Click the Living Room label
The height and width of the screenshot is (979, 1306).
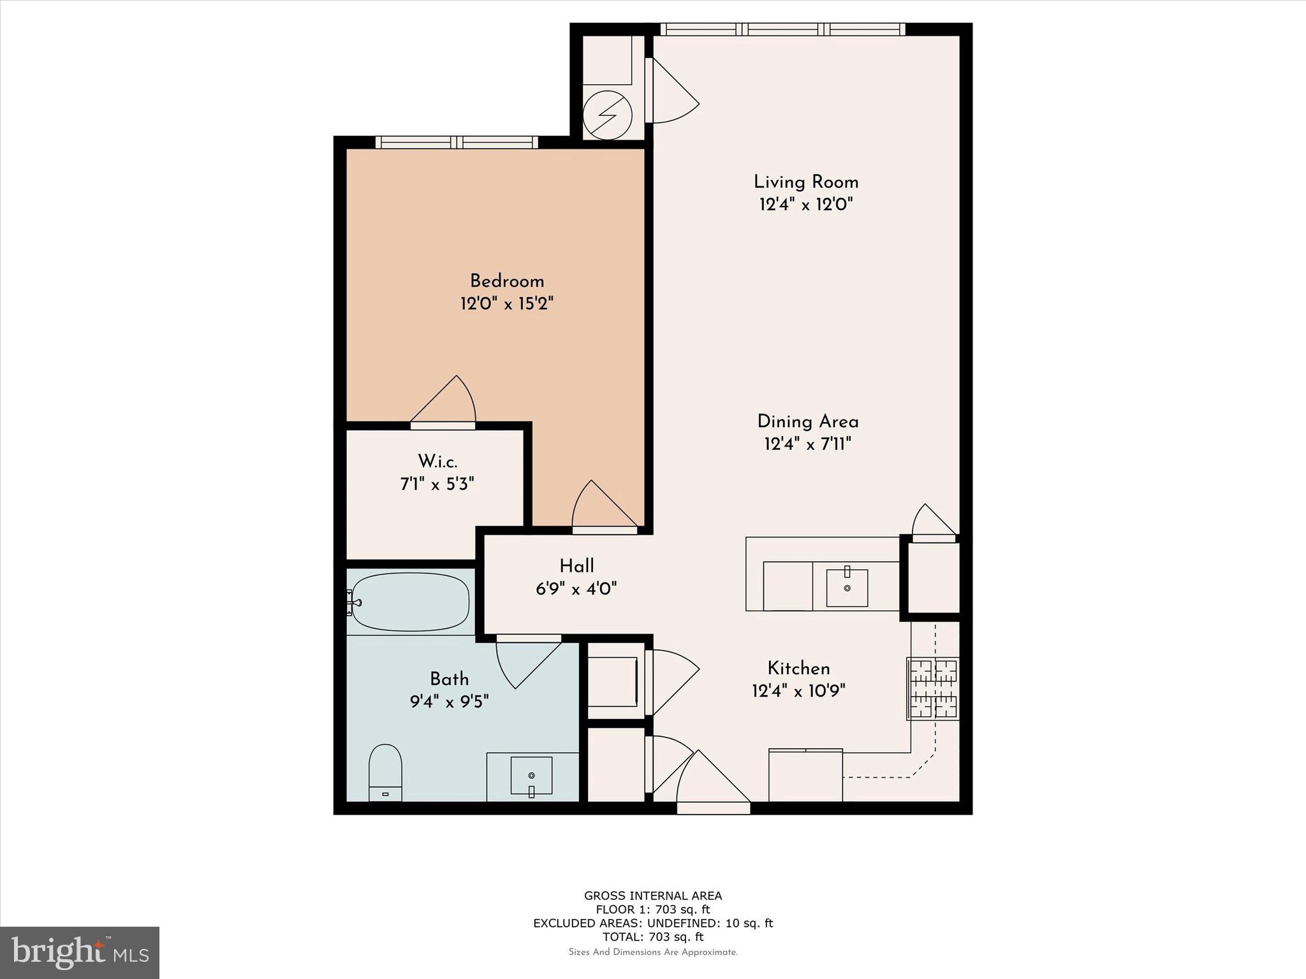(x=806, y=182)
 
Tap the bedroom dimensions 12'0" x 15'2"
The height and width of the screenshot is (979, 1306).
(x=506, y=303)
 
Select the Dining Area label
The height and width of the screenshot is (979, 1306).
(x=807, y=422)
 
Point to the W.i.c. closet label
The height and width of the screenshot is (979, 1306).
(x=437, y=461)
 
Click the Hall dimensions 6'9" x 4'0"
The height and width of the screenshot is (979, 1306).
(x=576, y=588)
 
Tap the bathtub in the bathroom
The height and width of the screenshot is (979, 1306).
(x=411, y=602)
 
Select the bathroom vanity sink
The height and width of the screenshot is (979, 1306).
(x=531, y=776)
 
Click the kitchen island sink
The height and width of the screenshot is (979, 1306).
(x=847, y=588)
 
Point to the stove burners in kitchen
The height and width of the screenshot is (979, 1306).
(x=933, y=688)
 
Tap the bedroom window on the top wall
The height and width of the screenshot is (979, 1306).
(x=457, y=142)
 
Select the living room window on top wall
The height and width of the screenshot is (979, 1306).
(x=782, y=29)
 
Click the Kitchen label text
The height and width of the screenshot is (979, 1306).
(x=798, y=669)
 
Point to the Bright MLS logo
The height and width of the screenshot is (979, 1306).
(x=80, y=952)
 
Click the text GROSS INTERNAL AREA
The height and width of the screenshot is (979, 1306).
(x=653, y=896)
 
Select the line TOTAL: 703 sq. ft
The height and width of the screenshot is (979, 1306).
(x=653, y=937)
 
